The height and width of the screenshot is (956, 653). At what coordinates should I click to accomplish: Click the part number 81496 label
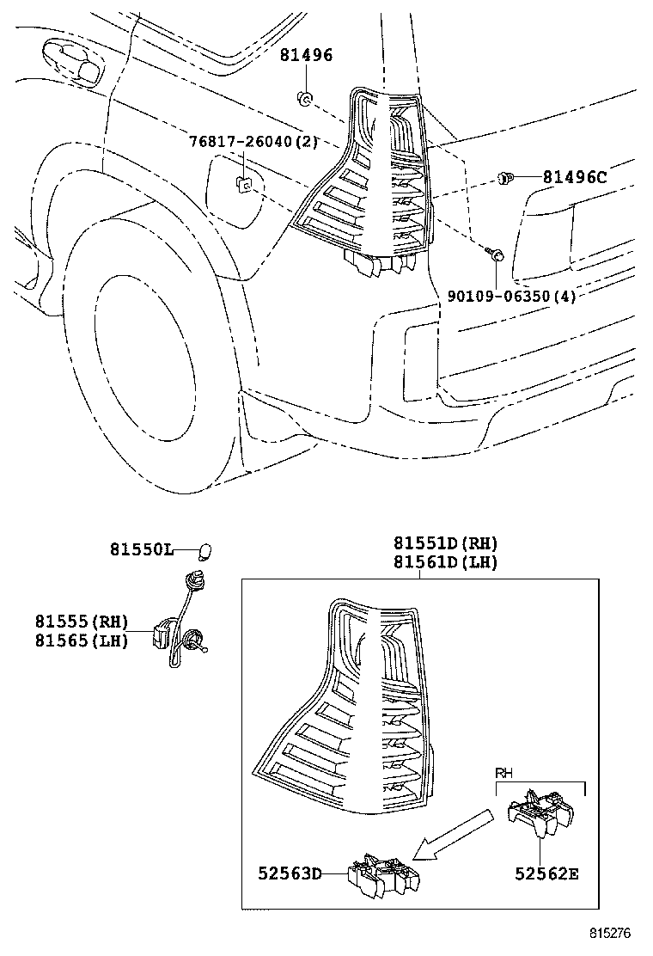pos(306,56)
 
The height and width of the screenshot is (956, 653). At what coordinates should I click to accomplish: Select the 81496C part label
pos(574,178)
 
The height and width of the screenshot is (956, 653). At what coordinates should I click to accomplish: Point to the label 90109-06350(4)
pos(511,296)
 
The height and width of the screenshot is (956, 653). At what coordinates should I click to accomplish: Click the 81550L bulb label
pos(141,548)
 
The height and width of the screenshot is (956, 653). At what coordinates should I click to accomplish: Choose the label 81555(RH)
pos(82,621)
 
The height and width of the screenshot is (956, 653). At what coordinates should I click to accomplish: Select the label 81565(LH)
pos(82,640)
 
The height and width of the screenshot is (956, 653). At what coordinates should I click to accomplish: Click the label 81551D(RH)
pos(446,543)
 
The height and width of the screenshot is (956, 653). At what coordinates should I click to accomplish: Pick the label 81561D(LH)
pos(446,562)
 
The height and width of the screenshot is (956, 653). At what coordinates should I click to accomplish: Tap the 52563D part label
pos(290,873)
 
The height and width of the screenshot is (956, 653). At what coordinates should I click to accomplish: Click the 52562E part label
pos(546,873)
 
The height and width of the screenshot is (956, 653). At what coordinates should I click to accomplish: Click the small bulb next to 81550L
pos(204,549)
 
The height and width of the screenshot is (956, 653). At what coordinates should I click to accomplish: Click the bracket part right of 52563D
pos(384,875)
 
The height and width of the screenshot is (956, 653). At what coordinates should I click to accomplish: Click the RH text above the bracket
pos(504,774)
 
